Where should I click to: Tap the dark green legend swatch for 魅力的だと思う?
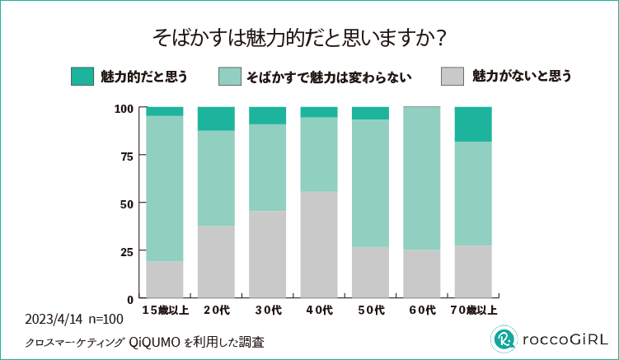pos(82,77)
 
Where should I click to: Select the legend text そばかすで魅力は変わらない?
pos(328,77)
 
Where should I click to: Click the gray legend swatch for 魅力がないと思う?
pos(453,77)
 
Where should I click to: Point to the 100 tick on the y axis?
pos(124,108)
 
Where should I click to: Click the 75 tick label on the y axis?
pos(124,156)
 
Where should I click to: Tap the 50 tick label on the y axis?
pos(124,203)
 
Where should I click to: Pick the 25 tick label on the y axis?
pos(124,250)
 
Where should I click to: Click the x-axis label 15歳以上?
pos(165,310)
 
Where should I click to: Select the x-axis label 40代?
pos(319,310)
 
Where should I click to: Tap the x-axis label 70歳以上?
pos(473,310)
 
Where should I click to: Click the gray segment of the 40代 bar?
pos(319,244)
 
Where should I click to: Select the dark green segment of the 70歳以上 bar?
pos(473,124)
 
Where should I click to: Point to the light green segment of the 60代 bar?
pos(421,178)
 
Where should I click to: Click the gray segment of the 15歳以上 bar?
pos(165,279)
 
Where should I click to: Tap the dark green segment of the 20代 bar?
pos(216,119)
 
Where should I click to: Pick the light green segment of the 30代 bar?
pos(267,167)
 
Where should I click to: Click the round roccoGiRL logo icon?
pos(504,339)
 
